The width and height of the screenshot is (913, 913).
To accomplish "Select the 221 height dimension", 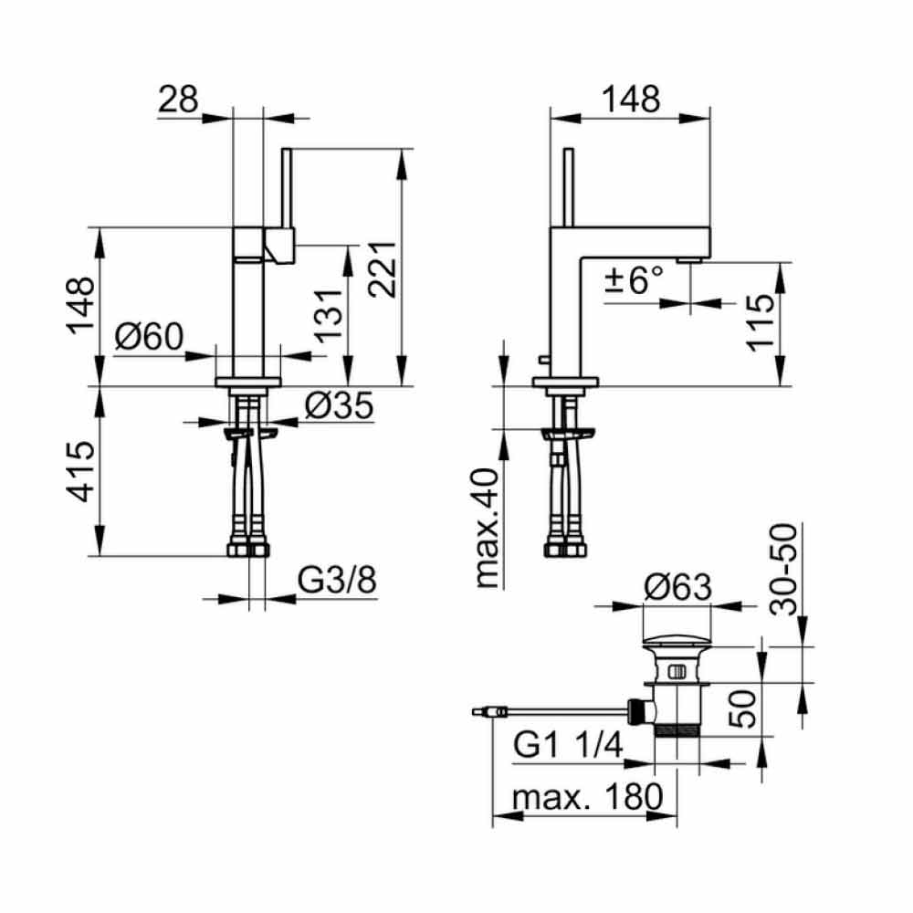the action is pos(383,269).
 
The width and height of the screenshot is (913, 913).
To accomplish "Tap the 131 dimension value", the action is pos(329,315).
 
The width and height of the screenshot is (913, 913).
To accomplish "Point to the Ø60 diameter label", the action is pos(149,336).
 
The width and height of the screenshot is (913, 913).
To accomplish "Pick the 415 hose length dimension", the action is pos(79,472).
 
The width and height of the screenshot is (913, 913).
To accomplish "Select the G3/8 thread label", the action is pos(337,580).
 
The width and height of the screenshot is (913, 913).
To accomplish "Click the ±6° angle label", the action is pos(635,279).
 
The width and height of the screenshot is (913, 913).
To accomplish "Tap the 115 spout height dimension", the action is pos(760,322).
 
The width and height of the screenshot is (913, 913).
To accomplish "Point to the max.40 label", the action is pos(487,528).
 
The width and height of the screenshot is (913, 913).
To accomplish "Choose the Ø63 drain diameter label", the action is pos(677,587).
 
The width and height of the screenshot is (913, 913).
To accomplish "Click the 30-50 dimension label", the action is pos(783,570).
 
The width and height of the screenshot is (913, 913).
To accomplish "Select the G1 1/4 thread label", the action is pos(568,745).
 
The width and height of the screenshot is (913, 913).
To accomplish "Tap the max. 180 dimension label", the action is pos(587,796).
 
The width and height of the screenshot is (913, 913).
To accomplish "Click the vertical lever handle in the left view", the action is pos(286,188).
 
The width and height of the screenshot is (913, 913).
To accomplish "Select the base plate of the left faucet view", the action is pos(248,382).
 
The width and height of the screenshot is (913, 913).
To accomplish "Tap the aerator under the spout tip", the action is pos(690,259).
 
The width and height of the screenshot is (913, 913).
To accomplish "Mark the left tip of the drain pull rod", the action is pos(472,711).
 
